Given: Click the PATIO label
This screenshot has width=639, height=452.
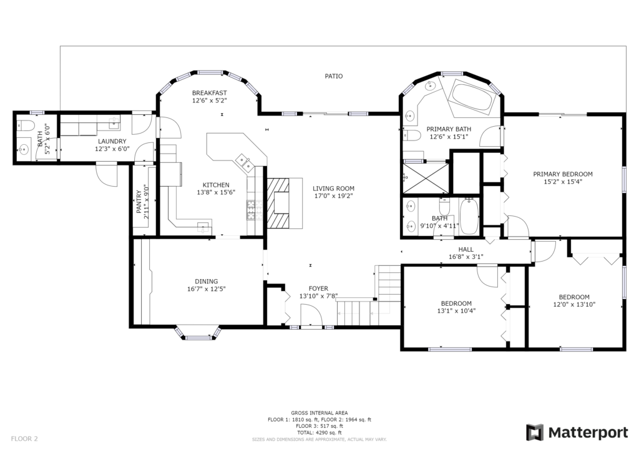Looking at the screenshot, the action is click(x=333, y=76).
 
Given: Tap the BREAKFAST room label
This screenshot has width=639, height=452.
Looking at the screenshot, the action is click(x=210, y=93).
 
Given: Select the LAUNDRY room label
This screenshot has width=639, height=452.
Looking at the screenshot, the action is click(x=112, y=142).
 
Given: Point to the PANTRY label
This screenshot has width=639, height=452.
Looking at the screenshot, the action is click(x=139, y=202).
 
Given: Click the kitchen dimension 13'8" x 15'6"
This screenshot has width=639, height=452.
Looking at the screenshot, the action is click(x=216, y=192).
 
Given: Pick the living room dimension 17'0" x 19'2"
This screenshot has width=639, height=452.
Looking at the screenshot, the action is click(x=333, y=195).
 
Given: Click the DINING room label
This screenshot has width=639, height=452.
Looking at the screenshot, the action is click(x=206, y=281).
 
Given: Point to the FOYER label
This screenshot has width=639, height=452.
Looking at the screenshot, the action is click(x=318, y=288).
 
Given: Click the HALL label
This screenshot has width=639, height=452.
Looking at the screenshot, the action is click(x=466, y=250).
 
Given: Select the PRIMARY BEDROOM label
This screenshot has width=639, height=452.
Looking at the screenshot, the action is click(x=563, y=174).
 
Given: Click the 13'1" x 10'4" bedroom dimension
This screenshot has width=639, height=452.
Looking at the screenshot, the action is click(x=456, y=310).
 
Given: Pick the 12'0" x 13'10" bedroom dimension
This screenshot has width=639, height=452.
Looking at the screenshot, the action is click(x=574, y=305).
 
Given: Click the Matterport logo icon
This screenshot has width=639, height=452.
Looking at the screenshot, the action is click(x=535, y=433).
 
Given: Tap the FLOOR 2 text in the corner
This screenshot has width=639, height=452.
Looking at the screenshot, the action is click(x=24, y=439).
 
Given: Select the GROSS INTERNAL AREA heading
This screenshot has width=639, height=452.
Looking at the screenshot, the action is click(x=319, y=413).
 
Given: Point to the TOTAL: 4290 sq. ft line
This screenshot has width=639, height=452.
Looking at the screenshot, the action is click(x=319, y=433).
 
